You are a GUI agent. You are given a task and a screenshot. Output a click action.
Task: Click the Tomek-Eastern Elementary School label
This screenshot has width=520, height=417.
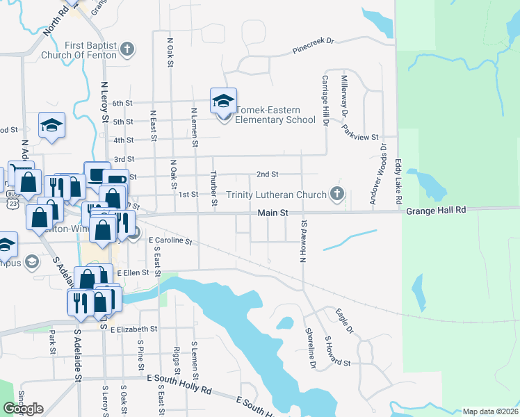click(x=276, y=115)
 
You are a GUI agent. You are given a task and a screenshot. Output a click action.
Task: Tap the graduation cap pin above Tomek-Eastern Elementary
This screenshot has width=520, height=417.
click(x=223, y=100)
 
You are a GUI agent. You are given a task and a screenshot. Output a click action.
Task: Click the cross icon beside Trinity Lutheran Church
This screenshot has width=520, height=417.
click(x=337, y=194)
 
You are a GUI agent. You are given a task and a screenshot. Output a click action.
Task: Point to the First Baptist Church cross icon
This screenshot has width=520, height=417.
click(x=126, y=49)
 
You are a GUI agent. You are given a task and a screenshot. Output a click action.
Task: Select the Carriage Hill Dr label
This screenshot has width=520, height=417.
click(x=324, y=101)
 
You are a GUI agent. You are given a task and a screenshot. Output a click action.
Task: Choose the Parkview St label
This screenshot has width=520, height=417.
click(x=360, y=131)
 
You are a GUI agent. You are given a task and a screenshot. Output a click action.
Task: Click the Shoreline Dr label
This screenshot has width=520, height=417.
click(x=311, y=347)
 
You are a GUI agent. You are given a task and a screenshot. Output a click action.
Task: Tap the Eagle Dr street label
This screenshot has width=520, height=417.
click(x=345, y=320)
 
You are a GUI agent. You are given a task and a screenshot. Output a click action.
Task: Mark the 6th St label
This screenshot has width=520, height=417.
click(x=122, y=103)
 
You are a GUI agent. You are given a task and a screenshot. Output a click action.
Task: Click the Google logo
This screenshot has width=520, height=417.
click(x=23, y=409)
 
